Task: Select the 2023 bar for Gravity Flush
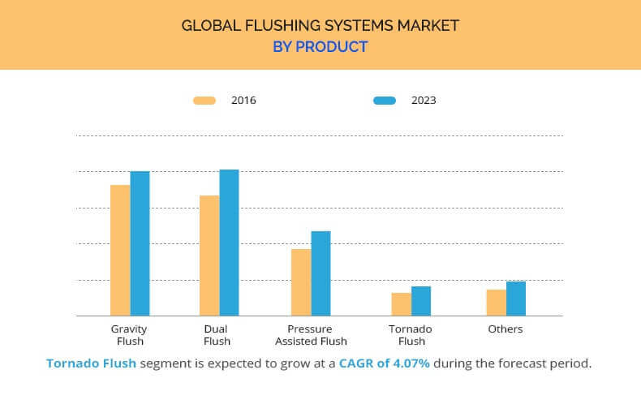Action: coord(140,243)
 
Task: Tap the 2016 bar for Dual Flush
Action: coord(209,256)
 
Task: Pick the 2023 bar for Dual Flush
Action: coord(229,243)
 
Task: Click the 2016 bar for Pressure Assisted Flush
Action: coord(301,282)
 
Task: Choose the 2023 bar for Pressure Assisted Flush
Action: coord(320,273)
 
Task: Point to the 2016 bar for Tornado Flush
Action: coord(402,304)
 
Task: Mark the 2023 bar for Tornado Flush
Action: coord(421,301)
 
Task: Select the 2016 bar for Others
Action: coord(497,303)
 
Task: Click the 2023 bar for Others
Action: coord(516,299)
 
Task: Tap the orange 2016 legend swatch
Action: coord(204,101)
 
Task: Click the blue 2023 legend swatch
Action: coord(385,101)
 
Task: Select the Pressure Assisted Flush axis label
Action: coord(311,335)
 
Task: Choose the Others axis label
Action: coord(505,329)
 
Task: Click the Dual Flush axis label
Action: coord(217,335)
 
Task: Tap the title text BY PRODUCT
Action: coord(320,47)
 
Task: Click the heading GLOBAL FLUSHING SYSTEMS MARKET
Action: coord(320,25)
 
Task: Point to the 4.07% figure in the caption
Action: coord(408,363)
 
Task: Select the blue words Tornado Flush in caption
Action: coord(91,363)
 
